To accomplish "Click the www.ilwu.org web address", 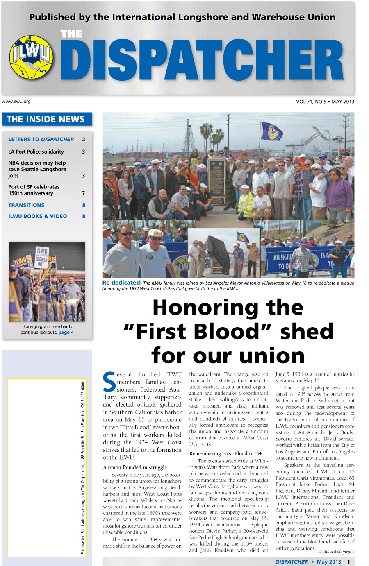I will (x=16, y=101).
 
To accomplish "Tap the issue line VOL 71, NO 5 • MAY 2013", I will (x=325, y=102).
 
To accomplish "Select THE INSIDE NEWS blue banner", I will (x=47, y=119).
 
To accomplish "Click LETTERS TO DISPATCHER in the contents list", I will (x=41, y=139).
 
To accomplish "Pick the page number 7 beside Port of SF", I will (x=83, y=193).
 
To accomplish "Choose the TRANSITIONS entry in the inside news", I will (x=26, y=205).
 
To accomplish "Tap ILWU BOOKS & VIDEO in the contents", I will (x=38, y=216).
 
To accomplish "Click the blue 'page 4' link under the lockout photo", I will (x=66, y=333).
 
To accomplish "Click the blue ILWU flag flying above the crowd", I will (x=271, y=131).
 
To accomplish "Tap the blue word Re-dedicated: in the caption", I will (x=122, y=283).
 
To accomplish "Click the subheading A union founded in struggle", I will (x=135, y=467).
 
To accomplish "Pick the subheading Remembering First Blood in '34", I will (x=225, y=453).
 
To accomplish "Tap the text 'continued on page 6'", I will (x=336, y=552).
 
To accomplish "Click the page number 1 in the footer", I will (x=348, y=562).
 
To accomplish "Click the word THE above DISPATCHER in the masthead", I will (x=71, y=34).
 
